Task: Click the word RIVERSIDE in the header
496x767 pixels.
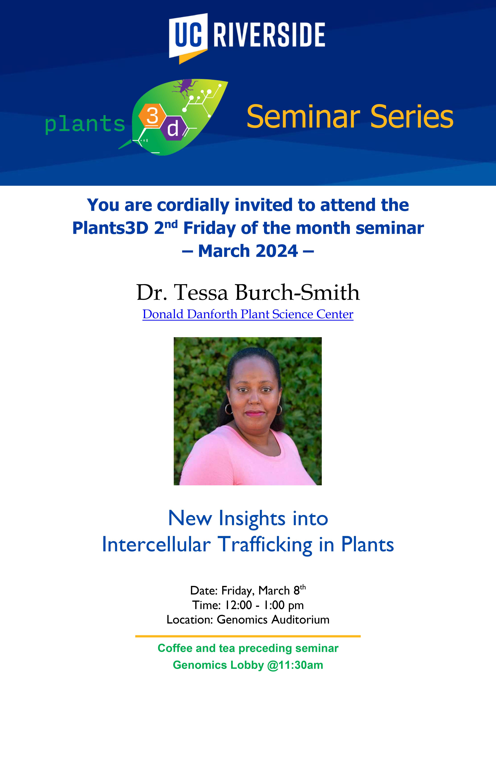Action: coord(269,35)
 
